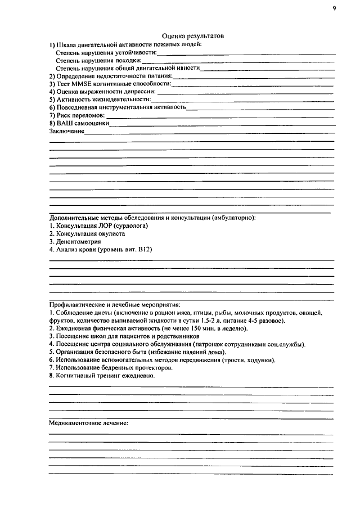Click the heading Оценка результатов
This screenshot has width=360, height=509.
coord(193,35)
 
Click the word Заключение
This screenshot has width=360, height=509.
coord(66,131)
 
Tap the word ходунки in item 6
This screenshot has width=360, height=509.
coord(267,359)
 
